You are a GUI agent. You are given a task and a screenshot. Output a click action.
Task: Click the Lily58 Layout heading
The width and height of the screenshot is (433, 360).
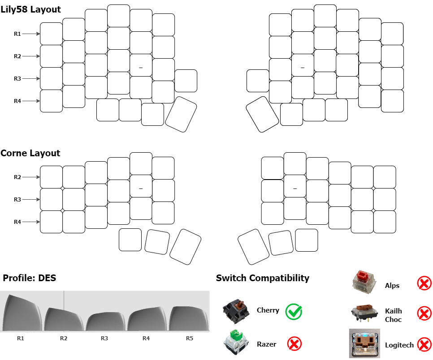pyautogui.click(x=31, y=9)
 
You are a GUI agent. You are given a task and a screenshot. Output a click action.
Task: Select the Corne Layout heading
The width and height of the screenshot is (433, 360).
pyautogui.click(x=30, y=153)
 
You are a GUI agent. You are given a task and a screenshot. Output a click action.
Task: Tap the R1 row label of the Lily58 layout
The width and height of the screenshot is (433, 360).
pyautogui.click(x=17, y=34)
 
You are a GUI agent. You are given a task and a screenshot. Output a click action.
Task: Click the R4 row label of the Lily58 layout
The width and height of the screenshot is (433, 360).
pyautogui.click(x=17, y=101)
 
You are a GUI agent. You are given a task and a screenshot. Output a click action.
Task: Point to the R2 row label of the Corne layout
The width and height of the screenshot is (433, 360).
pyautogui.click(x=17, y=177)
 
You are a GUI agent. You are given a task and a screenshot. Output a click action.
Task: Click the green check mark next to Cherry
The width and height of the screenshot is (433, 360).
pyautogui.click(x=294, y=311)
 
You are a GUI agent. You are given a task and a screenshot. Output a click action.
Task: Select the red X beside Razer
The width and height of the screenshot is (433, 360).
pyautogui.click(x=294, y=344)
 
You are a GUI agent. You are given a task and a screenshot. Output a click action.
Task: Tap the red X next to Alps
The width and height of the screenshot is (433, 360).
pyautogui.click(x=424, y=283)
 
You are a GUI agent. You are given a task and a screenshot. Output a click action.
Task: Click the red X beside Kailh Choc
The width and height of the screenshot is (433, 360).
pyautogui.click(x=424, y=313)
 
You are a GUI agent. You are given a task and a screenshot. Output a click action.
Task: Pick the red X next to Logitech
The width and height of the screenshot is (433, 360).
pyautogui.click(x=424, y=344)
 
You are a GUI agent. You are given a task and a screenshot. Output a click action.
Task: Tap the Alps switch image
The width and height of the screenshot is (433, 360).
pyautogui.click(x=364, y=282)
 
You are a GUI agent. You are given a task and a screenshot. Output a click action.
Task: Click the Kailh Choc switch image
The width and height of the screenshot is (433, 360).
pyautogui.click(x=364, y=313)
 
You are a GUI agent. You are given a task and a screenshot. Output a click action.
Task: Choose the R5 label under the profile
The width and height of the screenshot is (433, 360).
pyautogui.click(x=189, y=338)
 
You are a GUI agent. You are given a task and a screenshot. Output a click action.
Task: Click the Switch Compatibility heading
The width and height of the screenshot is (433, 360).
pyautogui.click(x=263, y=278)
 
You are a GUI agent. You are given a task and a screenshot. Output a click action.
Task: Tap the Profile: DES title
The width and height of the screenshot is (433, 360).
pyautogui.click(x=30, y=278)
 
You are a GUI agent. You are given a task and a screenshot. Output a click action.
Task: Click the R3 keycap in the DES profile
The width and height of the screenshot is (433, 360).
pyautogui.click(x=104, y=321)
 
